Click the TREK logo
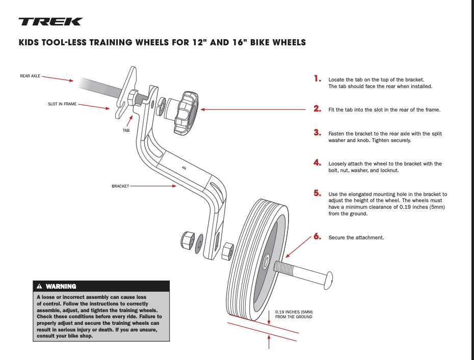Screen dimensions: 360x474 pos(50,21)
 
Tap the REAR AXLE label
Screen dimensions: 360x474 pos(30,76)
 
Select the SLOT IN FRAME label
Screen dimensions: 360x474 pos(62,104)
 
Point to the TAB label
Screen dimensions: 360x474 pos(126,130)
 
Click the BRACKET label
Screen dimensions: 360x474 pos(120,186)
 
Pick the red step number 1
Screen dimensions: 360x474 pos(318,79)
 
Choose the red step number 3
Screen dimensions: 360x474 pos(317,132)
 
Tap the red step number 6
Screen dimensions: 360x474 pos(317,236)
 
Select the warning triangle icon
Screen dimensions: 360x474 pos(39,287)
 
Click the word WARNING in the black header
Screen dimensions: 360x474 pos(61,287)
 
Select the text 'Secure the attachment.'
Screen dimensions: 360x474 pos(356,238)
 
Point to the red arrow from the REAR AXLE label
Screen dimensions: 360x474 pos(58,78)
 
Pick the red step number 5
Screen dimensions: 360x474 pos(317,193)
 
